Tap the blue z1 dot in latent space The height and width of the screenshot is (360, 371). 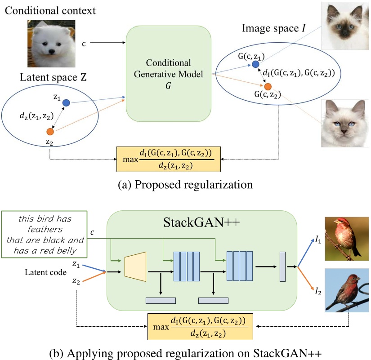coord(66,103)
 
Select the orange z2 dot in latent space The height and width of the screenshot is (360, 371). coord(50,132)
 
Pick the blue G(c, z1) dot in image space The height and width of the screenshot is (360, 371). coord(255,65)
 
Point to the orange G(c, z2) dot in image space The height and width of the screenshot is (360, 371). coord(268,86)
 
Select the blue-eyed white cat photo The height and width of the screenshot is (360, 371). coord(345,123)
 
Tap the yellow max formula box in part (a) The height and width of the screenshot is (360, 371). coord(170,159)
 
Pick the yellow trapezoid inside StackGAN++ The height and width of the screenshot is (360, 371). coord(136,267)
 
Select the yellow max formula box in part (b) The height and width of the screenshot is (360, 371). coord(200,327)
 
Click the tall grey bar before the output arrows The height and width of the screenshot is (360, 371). coord(283,267)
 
